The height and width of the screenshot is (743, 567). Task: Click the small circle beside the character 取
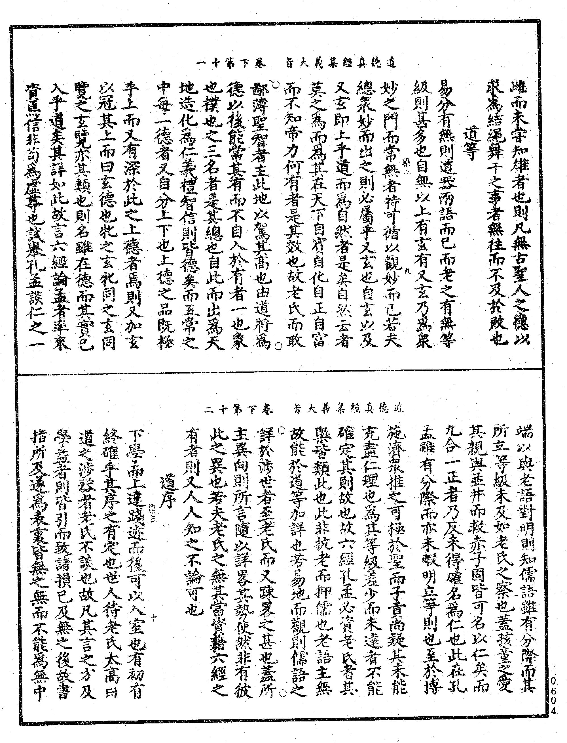pyautogui.click(x=279, y=345)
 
